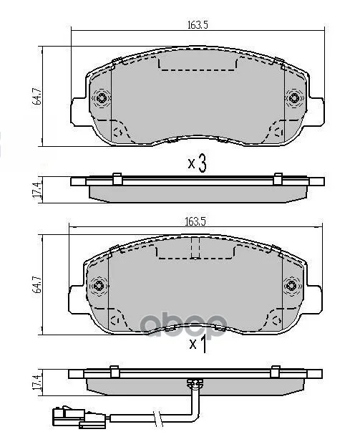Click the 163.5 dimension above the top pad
click(x=198, y=25)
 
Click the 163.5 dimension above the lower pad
click(x=195, y=221)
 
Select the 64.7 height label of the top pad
click(x=38, y=97)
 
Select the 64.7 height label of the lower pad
click(x=38, y=285)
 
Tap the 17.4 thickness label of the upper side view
click(x=38, y=190)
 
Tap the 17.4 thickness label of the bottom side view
click(x=38, y=383)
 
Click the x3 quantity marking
click(x=197, y=163)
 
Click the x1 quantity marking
click(x=198, y=344)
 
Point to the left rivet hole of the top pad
click(x=101, y=98)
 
